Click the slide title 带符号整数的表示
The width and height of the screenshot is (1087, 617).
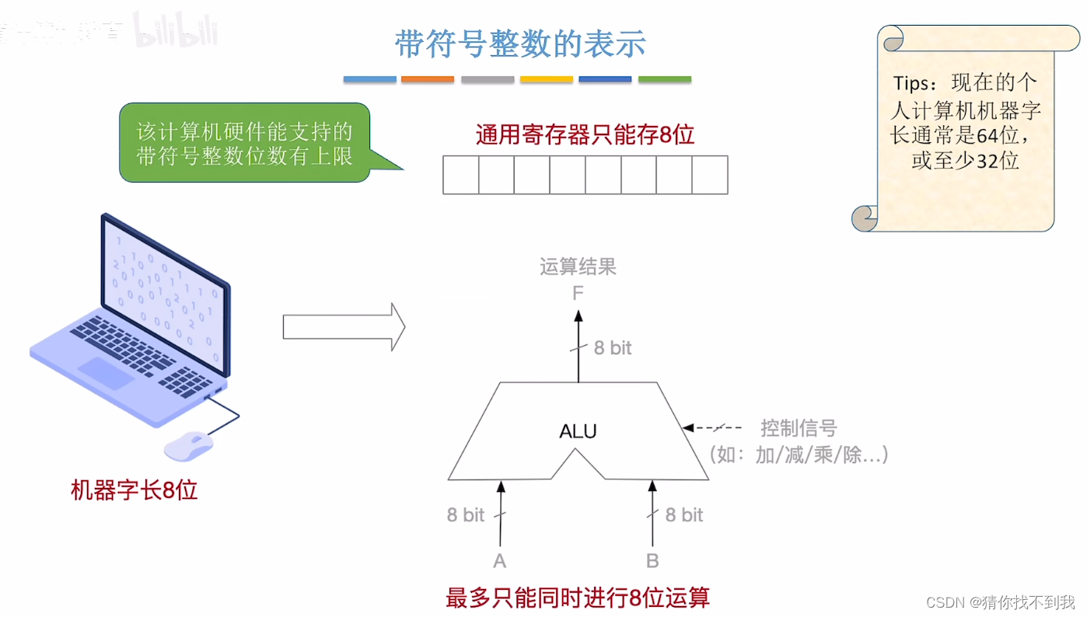click(x=519, y=44)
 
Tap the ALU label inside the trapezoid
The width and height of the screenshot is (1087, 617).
click(x=578, y=431)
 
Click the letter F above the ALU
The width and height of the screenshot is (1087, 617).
click(x=578, y=294)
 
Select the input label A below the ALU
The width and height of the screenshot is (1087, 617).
click(x=500, y=561)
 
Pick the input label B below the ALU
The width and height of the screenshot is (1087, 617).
click(x=652, y=561)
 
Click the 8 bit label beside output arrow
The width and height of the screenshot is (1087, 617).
click(x=613, y=348)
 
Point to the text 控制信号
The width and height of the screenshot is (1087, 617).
click(x=799, y=428)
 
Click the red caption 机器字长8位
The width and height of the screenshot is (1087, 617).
click(x=135, y=490)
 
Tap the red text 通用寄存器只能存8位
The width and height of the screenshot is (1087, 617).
click(x=585, y=135)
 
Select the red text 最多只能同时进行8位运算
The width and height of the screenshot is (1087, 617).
click(x=578, y=598)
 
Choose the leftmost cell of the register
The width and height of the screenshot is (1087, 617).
click(x=460, y=175)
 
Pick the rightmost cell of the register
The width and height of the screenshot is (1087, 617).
click(x=710, y=175)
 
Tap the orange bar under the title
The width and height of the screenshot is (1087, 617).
click(x=427, y=79)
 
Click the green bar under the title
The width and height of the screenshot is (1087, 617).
click(x=665, y=79)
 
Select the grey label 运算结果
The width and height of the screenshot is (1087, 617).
click(x=578, y=267)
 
